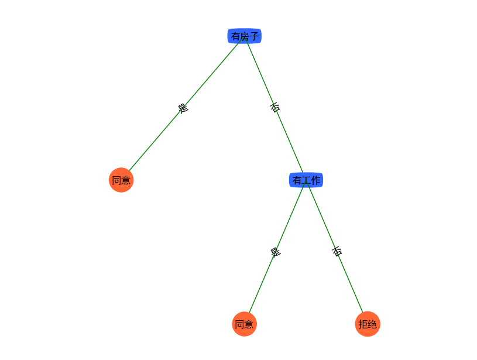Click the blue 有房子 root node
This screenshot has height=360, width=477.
coord(244,36)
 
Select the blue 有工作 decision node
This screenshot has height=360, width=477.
coord(306,180)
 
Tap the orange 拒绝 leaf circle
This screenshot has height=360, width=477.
coord(368,324)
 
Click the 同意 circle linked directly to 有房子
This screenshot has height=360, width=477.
coord(121,180)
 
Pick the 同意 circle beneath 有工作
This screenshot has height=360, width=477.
coord(244,324)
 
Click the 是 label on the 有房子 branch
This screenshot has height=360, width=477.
coord(183,108)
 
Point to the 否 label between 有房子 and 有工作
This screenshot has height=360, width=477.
coord(275,108)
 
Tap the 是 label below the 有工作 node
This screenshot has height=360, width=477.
coord(275,252)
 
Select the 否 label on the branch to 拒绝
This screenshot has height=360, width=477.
coord(337,251)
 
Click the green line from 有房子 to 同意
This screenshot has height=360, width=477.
coord(186,104)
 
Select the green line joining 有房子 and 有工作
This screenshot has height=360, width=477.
coord(274,105)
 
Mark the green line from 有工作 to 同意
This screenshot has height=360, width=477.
coord(277,246)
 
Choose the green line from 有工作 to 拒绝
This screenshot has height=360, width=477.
coord(335,246)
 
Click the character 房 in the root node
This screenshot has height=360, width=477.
coord(245,36)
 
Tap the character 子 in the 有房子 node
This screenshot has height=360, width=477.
coord(255,36)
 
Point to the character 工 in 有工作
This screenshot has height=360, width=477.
coord(306,180)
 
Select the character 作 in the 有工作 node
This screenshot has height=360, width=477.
coord(316,180)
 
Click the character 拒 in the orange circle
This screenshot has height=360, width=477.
coord(363,324)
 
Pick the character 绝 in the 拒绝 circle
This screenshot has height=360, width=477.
coord(372,324)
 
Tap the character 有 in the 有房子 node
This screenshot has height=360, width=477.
coord(236,36)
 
